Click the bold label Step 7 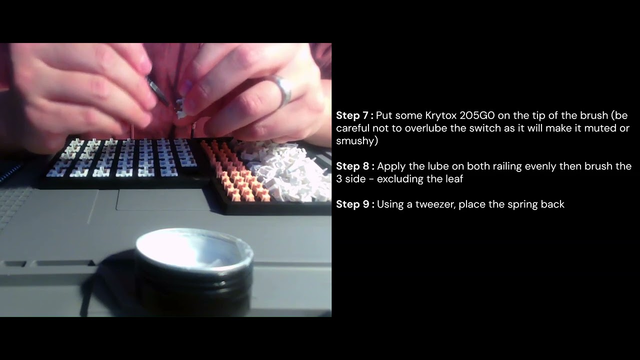[x=354, y=115]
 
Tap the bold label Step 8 [x=354, y=166]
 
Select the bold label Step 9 [x=354, y=204]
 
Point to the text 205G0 [x=477, y=115]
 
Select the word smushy [x=356, y=141]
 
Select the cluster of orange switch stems [x=235, y=170]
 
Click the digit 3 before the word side [x=339, y=178]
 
